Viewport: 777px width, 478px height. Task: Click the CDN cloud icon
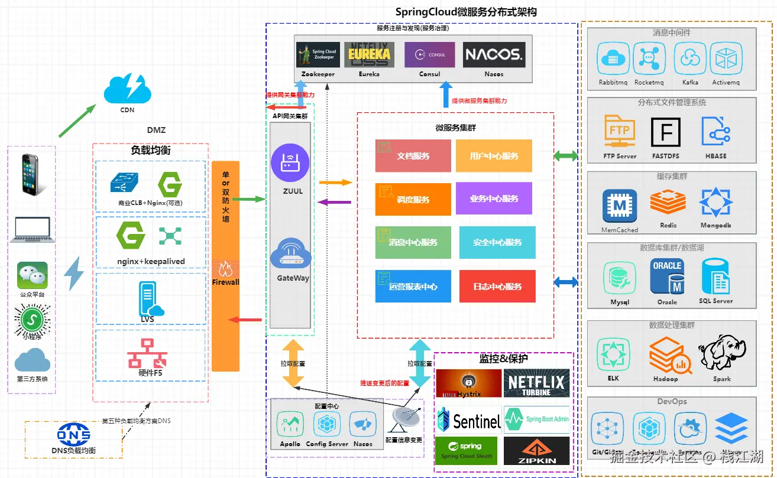127,89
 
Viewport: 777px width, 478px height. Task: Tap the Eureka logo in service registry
370,54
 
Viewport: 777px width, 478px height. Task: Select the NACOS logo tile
494,54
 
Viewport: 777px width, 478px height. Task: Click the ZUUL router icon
290,162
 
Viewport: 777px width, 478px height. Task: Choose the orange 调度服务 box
413,199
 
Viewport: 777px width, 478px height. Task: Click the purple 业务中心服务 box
494,198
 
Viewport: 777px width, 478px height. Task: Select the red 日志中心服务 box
497,287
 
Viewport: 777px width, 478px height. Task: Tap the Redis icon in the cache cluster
668,203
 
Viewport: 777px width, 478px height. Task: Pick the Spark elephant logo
721,356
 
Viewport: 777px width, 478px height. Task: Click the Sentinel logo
469,420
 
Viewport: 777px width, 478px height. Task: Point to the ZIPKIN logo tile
536,451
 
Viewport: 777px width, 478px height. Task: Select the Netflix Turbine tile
536,383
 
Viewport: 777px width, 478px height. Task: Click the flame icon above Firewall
225,269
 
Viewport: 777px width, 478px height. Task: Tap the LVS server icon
150,298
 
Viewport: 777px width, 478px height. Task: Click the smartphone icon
31,174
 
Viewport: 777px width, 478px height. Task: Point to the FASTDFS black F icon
666,132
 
